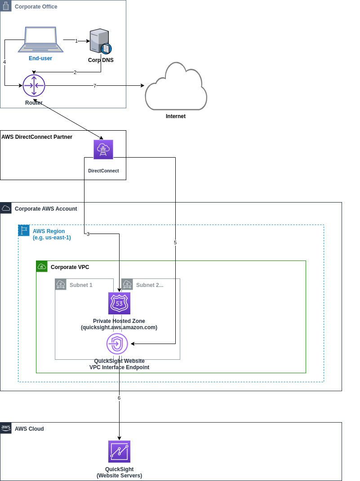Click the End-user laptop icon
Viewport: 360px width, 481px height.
40,40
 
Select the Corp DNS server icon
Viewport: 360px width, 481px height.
100,41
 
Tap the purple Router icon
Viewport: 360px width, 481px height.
34,85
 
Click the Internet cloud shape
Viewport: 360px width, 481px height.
176,88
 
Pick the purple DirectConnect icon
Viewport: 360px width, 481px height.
103,150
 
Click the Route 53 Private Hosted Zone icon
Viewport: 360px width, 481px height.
119,304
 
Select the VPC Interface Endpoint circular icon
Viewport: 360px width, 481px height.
117,344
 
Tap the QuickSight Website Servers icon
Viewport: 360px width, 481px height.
119,451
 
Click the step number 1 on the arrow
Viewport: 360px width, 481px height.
76,41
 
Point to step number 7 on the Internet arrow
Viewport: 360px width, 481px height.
95,86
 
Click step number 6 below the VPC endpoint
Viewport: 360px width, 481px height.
119,398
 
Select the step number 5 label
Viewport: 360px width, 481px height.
175,243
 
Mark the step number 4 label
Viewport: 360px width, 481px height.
4,62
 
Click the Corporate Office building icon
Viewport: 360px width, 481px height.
6,6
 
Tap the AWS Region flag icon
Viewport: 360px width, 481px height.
24,230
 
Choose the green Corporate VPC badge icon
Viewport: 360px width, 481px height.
42,266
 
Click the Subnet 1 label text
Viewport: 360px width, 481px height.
81,285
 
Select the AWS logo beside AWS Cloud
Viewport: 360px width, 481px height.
6,428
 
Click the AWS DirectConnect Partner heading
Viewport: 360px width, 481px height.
37,137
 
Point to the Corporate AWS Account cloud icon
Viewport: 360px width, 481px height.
6,208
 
